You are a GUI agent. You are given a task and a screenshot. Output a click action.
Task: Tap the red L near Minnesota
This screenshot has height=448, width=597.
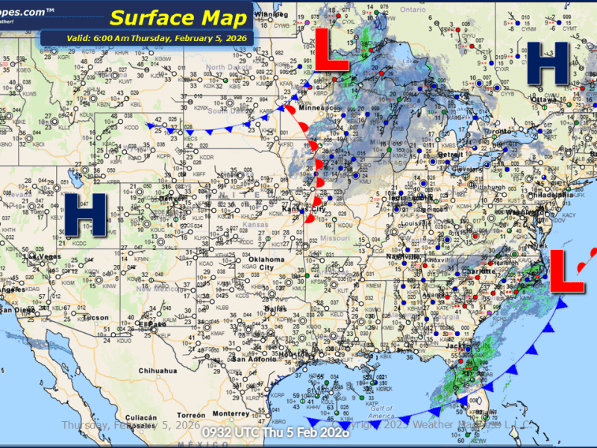coord(332,52)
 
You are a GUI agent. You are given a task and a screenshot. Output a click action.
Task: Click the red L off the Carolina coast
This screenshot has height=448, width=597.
coord(567,273)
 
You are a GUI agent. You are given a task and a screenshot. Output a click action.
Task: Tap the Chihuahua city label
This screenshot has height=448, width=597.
coord(156,370)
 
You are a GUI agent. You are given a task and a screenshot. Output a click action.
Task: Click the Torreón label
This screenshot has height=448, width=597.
coord(191,414)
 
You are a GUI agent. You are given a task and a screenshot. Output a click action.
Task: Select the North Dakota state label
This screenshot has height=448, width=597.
coord(225,67)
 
